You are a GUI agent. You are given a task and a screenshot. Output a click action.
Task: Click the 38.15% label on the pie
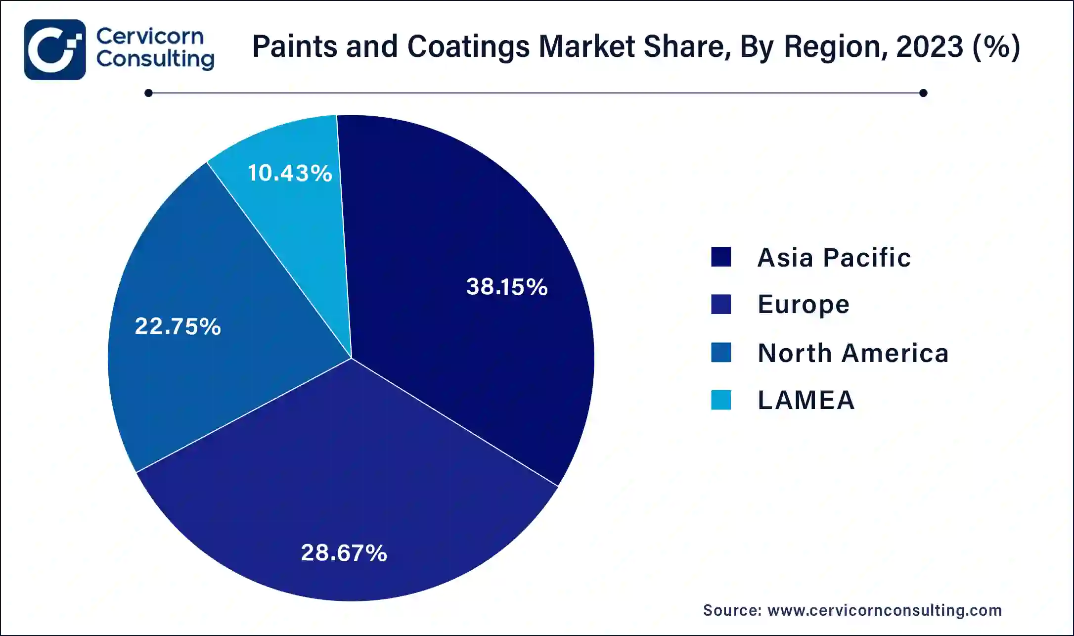pyautogui.click(x=507, y=287)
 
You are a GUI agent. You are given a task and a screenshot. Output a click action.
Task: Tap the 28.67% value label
pyautogui.click(x=344, y=552)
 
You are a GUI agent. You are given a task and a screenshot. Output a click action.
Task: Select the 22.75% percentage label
pyautogui.click(x=178, y=326)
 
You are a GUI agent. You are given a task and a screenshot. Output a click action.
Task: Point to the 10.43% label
pyautogui.click(x=290, y=173)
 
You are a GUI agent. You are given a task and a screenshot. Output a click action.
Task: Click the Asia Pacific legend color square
pyautogui.click(x=720, y=257)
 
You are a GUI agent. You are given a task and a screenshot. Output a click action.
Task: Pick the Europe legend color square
pyautogui.click(x=720, y=304)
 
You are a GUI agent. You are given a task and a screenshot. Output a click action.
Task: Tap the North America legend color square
pyautogui.click(x=720, y=353)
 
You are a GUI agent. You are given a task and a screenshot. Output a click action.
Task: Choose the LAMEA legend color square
pyautogui.click(x=720, y=400)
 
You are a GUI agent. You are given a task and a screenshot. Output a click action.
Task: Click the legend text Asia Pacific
pyautogui.click(x=834, y=258)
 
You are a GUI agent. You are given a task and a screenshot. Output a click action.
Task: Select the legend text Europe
pyautogui.click(x=804, y=305)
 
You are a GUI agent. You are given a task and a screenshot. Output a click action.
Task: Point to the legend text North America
pyautogui.click(x=853, y=353)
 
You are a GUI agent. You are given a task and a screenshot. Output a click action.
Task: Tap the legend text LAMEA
pyautogui.click(x=806, y=400)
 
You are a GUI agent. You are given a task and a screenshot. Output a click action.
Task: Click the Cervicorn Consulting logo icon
pyautogui.click(x=55, y=49)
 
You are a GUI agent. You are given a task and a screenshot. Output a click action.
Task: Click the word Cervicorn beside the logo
pyautogui.click(x=150, y=36)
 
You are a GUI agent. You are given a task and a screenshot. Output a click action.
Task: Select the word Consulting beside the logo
pyautogui.click(x=155, y=59)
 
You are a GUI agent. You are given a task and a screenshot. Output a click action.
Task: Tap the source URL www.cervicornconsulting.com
pyautogui.click(x=885, y=610)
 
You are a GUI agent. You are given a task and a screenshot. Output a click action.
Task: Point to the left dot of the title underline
pyautogui.click(x=148, y=93)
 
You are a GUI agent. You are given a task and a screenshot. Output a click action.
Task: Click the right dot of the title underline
pyautogui.click(x=923, y=93)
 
